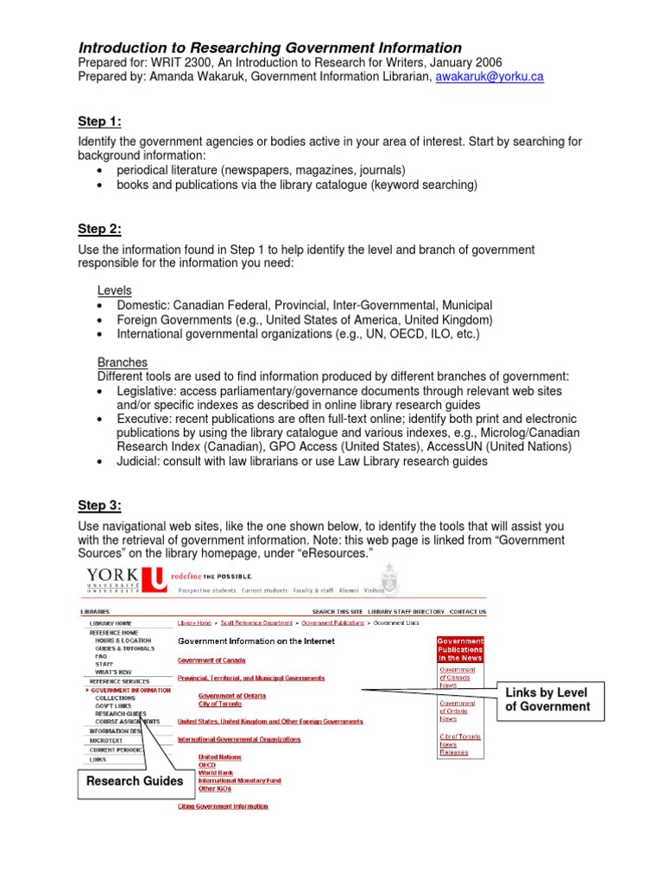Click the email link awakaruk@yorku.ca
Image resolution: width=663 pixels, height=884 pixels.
[x=489, y=77]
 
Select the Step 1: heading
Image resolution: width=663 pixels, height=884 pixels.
[x=99, y=121]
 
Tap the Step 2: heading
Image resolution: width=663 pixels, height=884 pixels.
[x=99, y=229]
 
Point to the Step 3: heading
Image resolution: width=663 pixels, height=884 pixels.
[x=99, y=505]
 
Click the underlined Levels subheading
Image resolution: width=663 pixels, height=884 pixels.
[x=114, y=291]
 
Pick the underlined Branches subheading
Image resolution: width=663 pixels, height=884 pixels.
[x=122, y=363]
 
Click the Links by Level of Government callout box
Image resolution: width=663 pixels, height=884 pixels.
[x=547, y=700]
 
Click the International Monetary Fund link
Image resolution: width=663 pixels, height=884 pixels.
[x=239, y=780]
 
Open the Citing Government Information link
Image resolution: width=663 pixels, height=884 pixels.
[x=223, y=806]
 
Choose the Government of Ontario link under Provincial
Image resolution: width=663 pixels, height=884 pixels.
[x=232, y=696]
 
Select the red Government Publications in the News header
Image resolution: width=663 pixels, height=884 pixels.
[x=461, y=649]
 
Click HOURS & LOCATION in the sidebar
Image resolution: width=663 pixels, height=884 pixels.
[x=123, y=641]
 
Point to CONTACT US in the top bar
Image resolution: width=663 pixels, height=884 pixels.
[x=467, y=611]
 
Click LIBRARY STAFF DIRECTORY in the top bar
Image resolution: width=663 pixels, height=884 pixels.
[x=403, y=611]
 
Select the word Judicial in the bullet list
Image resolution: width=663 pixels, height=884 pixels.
[x=137, y=461]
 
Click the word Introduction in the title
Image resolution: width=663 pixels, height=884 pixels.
[x=121, y=48]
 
